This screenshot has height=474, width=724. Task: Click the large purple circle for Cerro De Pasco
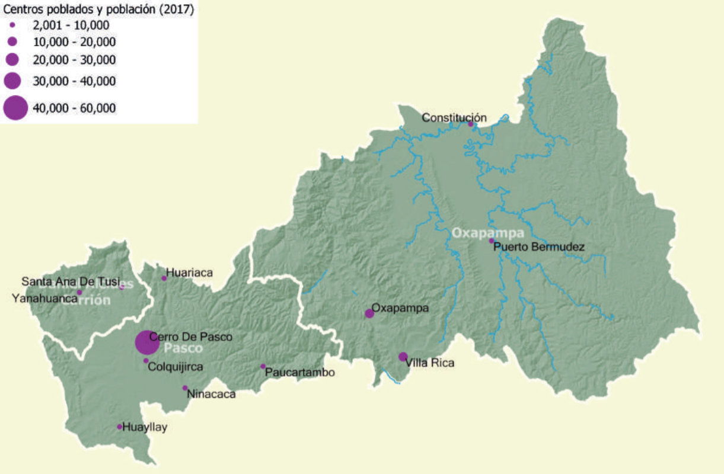pyautogui.click(x=146, y=342)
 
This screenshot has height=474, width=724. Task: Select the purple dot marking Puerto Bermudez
pyautogui.click(x=491, y=241)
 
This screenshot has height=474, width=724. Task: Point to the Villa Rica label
pyautogui.click(x=430, y=363)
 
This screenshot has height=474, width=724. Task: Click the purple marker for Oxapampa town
pyautogui.click(x=369, y=313)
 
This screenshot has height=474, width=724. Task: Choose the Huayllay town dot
pyautogui.click(x=119, y=427)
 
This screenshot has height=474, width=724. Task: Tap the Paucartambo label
pyautogui.click(x=300, y=373)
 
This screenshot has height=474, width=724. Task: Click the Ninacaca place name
pyautogui.click(x=211, y=394)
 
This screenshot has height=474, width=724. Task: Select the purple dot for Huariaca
pyautogui.click(x=164, y=278)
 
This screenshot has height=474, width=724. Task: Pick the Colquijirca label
pyautogui.click(x=176, y=367)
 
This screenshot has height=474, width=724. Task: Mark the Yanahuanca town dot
pyautogui.click(x=79, y=292)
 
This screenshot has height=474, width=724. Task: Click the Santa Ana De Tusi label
pyautogui.click(x=70, y=281)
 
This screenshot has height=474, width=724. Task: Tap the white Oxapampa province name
pyautogui.click(x=488, y=232)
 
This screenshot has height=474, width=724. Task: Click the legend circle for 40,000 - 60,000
pyautogui.click(x=15, y=108)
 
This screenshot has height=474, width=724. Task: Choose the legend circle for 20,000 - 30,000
pyautogui.click(x=12, y=59)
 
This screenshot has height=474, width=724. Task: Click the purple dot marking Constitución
pyautogui.click(x=471, y=124)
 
